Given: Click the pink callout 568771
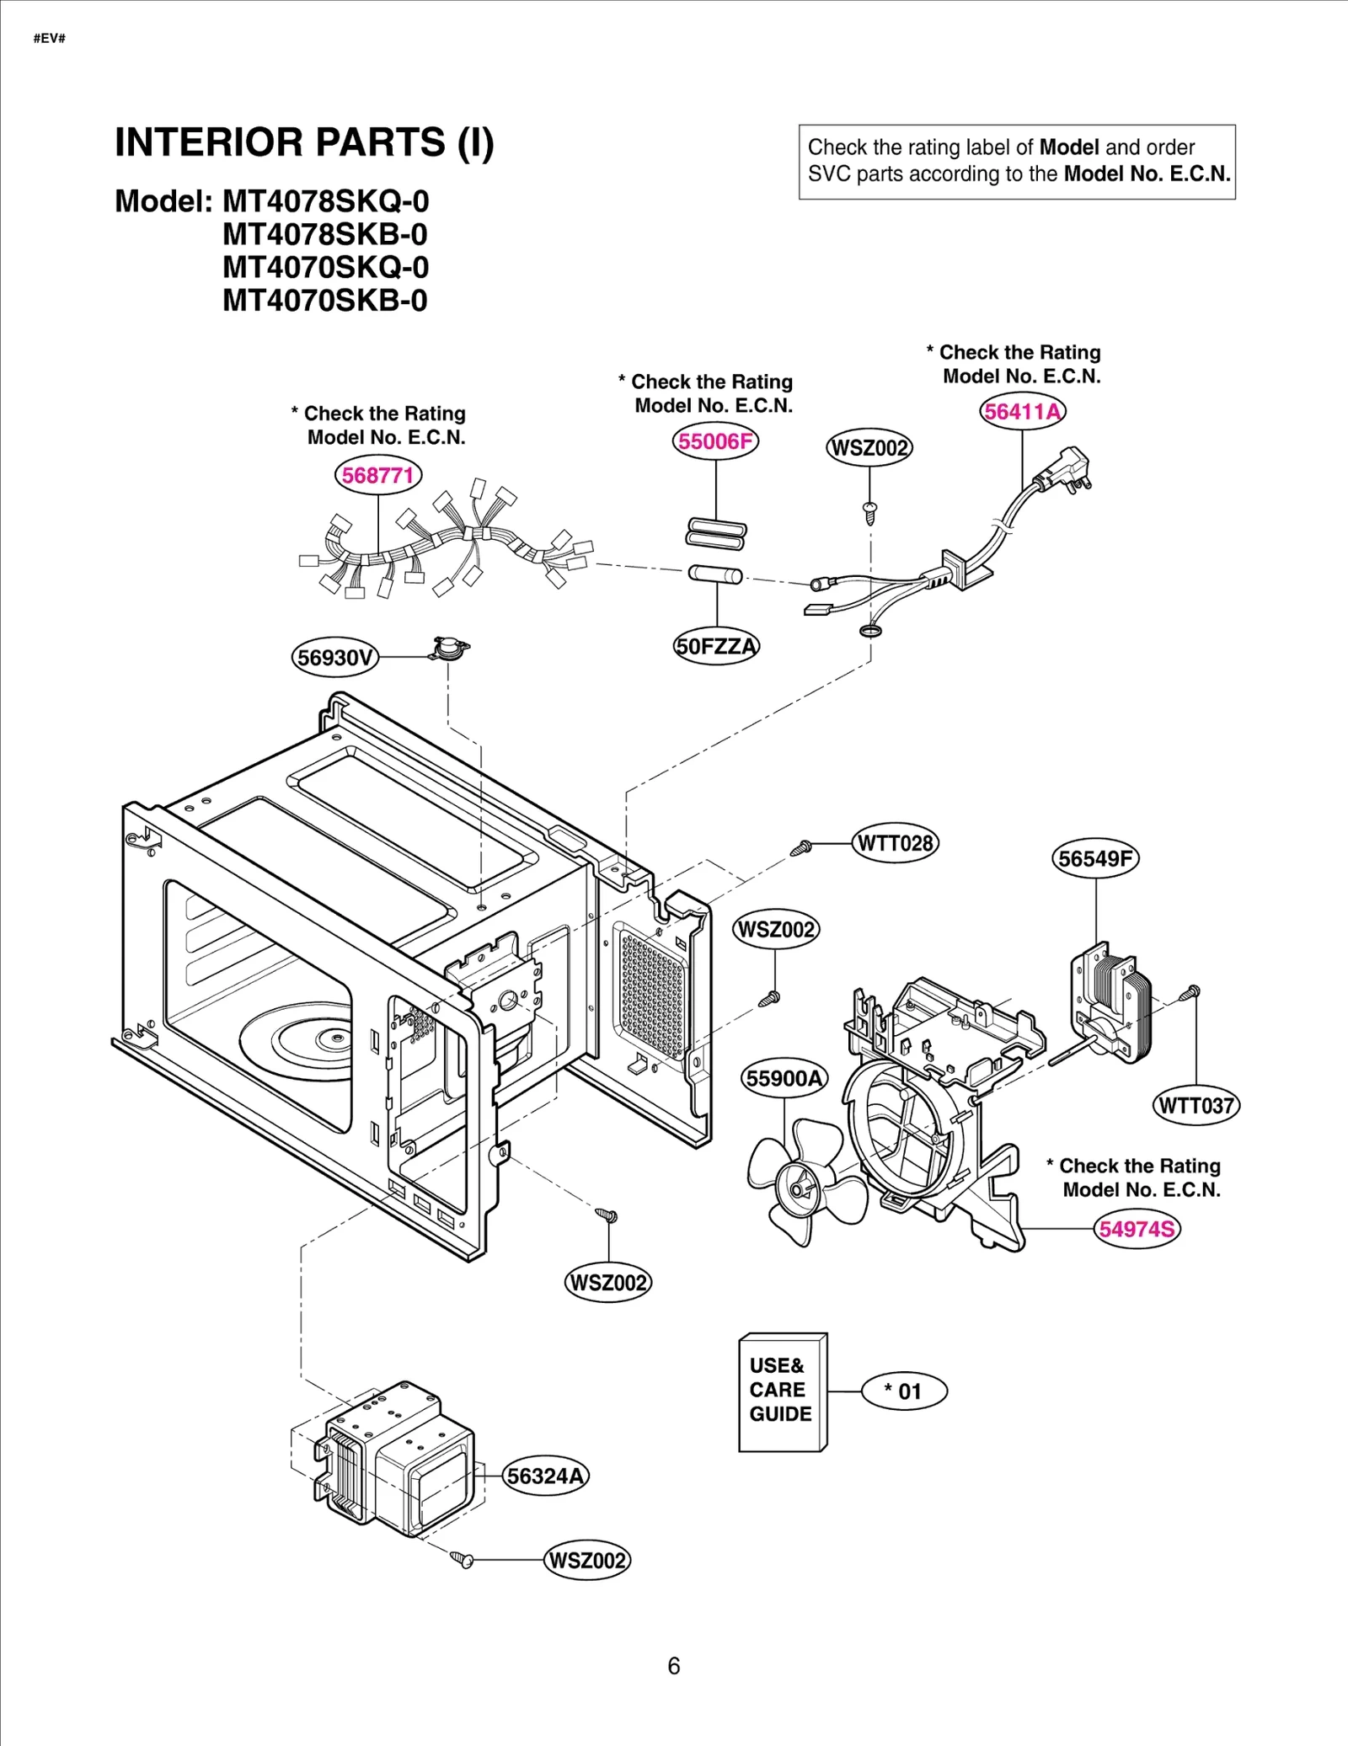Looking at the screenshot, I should (377, 475).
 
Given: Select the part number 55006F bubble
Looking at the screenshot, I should (715, 441).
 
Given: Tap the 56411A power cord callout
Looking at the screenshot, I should (1022, 412).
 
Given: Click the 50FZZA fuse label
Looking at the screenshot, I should (717, 647).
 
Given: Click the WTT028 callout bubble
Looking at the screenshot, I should (895, 843).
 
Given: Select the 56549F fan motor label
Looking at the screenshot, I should (1095, 859).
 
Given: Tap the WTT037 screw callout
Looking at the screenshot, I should (1196, 1106).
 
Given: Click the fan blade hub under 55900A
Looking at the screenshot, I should (798, 1188).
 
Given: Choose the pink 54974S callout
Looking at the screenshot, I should (1137, 1229).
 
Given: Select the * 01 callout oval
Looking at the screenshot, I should (904, 1391).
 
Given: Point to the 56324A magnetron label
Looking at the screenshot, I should (546, 1476).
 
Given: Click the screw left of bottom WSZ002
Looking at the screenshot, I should (462, 1559).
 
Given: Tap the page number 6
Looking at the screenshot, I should (673, 1666).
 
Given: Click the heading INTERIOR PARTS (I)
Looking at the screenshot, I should (304, 142).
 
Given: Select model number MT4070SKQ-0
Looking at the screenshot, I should (325, 268).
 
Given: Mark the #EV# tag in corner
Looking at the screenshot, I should (50, 39).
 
